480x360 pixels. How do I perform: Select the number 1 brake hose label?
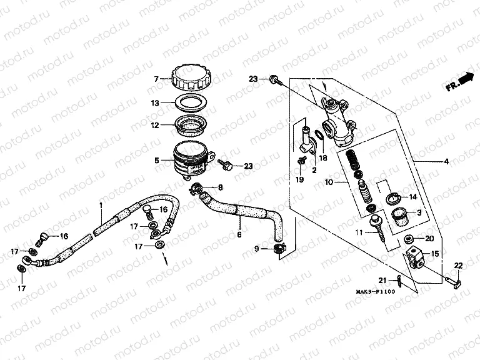[x=101, y=204]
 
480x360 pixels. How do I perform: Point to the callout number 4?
[x=446, y=162]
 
